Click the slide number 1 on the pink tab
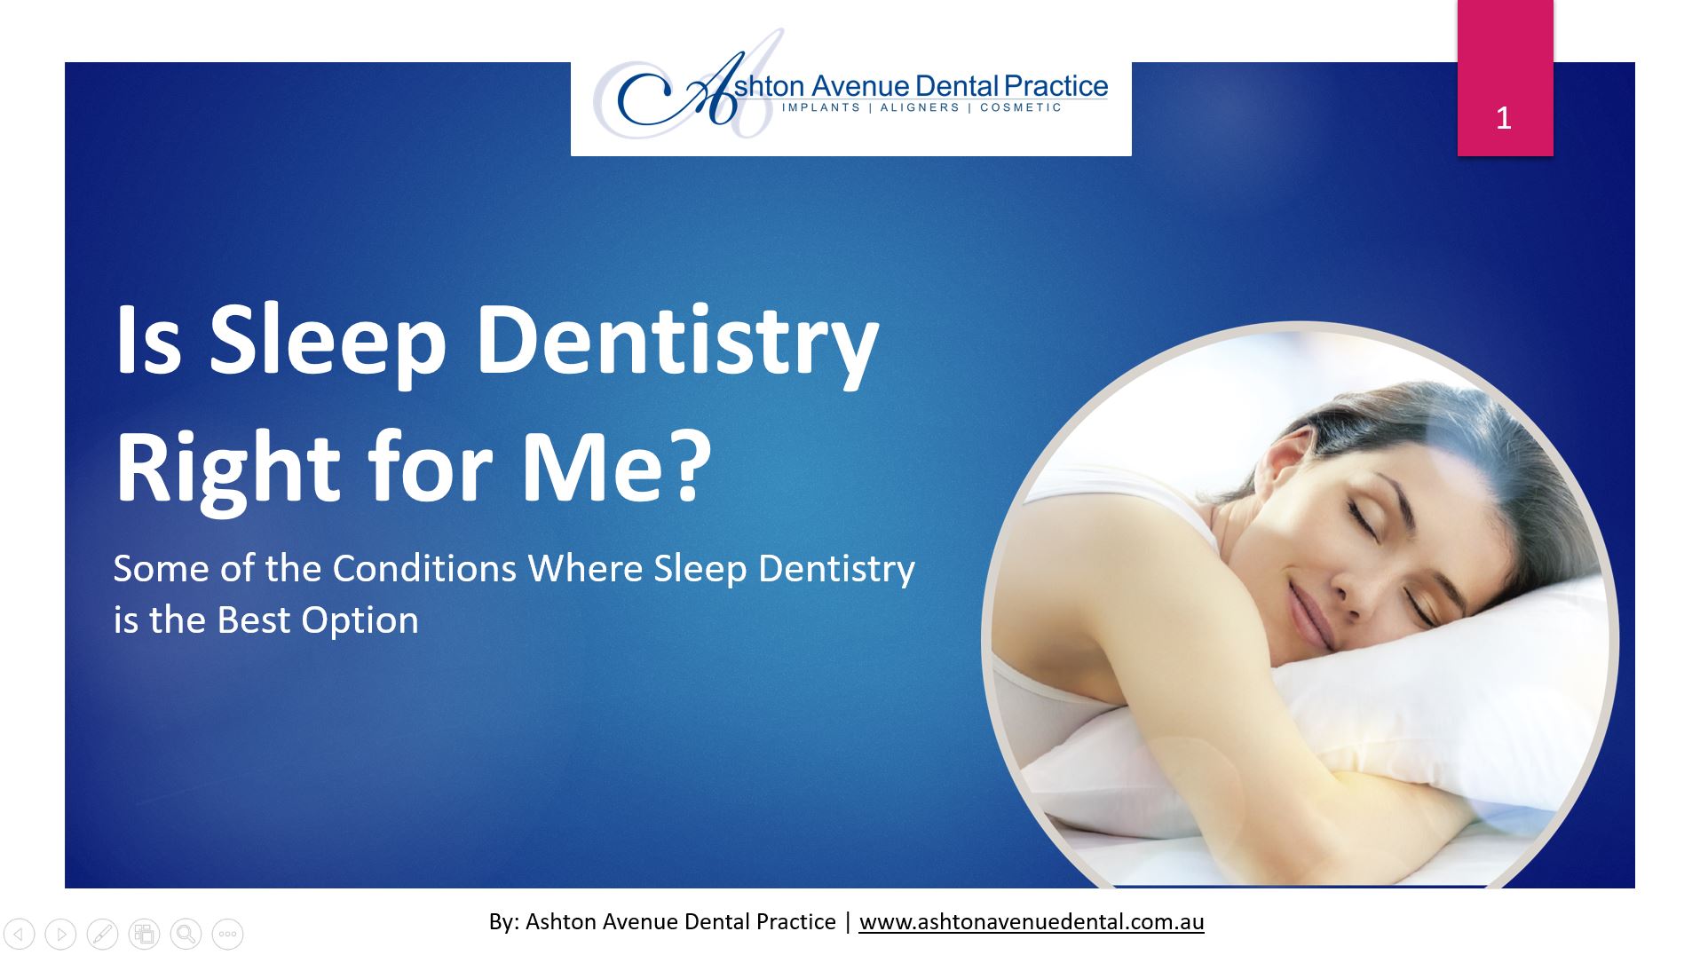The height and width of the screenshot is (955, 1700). pos(1503,119)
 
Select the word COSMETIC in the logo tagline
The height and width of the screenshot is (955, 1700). pos(1021,107)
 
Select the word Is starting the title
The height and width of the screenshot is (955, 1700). pos(148,342)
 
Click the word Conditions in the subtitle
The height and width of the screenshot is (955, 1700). pos(424,568)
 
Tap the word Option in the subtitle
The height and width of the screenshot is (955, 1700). pos(360,621)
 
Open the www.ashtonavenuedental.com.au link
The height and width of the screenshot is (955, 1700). pos(1032,922)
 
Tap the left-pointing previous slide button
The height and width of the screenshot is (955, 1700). pos(20,934)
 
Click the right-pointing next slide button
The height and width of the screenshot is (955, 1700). pos(60,934)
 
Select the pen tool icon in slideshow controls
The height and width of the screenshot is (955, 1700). pos(102,934)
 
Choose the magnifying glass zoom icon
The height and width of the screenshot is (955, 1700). pos(186,934)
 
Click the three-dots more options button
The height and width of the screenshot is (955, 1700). pos(227,934)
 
